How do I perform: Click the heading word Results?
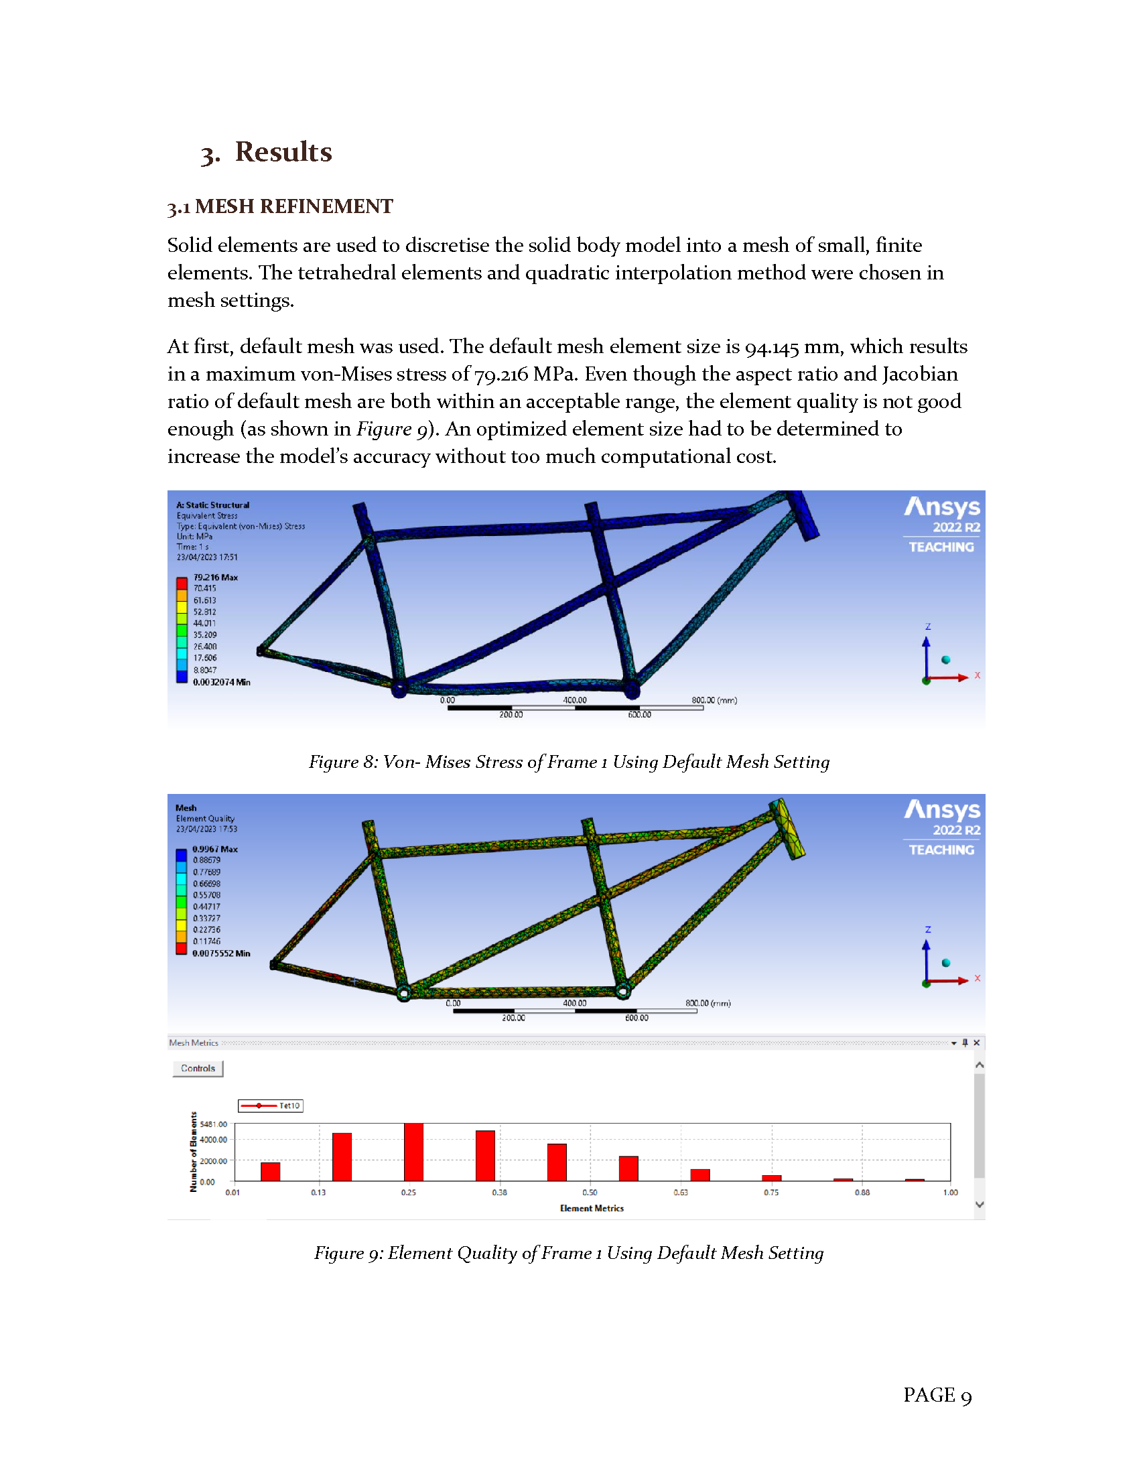tap(283, 152)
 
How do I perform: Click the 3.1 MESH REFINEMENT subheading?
tap(280, 206)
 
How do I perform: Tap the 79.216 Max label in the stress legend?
tap(215, 577)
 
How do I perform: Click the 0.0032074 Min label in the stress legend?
tap(221, 682)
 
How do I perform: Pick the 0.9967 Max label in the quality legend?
tap(214, 849)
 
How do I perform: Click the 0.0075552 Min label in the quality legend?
tap(220, 953)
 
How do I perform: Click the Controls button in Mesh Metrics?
tap(198, 1069)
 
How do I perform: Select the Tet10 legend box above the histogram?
tap(271, 1105)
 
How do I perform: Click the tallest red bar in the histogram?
tap(413, 1152)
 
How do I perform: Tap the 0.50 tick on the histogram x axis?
tap(590, 1193)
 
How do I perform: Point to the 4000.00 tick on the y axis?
tap(213, 1140)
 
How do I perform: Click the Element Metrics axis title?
tap(592, 1208)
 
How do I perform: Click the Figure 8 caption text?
tap(569, 762)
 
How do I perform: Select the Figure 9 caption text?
tap(569, 1254)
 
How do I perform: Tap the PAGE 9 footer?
tap(937, 1395)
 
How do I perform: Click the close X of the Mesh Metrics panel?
tap(976, 1043)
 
